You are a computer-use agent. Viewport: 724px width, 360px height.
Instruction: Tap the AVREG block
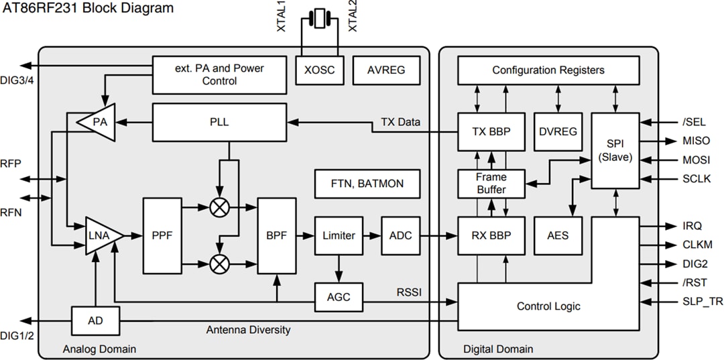[386, 70]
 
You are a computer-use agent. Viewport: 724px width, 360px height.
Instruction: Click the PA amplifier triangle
[97, 122]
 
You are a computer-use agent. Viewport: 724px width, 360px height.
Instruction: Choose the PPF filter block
[162, 235]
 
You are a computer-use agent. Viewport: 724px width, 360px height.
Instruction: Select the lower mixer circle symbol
[219, 263]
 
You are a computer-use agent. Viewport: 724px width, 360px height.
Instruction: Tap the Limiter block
[339, 235]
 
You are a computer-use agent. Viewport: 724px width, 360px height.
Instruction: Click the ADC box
[400, 235]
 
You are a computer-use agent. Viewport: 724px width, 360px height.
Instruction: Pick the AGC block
[339, 297]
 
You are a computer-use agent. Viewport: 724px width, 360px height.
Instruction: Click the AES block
[557, 235]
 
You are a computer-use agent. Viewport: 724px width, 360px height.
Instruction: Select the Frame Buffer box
[491, 183]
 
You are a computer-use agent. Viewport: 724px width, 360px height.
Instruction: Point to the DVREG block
[557, 131]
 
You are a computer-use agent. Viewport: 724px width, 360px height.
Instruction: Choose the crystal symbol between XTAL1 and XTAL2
[319, 17]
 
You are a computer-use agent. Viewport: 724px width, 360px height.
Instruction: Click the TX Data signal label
[400, 122]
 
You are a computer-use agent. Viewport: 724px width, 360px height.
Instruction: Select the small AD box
[95, 321]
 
